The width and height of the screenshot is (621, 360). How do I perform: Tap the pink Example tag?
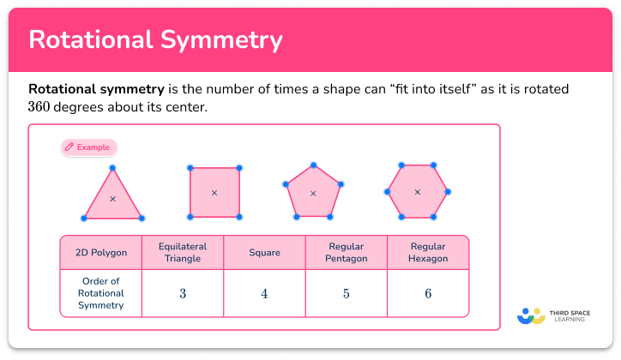(88, 147)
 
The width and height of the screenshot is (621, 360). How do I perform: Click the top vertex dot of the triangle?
(112, 169)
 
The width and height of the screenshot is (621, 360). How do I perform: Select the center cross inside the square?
(214, 193)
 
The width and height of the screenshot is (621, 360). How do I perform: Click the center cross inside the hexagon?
(417, 192)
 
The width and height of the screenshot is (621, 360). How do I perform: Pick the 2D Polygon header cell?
(101, 253)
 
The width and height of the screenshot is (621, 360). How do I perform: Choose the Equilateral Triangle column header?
(183, 252)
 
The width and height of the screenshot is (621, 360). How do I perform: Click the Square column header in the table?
(264, 253)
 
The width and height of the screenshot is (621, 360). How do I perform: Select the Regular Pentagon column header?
(347, 252)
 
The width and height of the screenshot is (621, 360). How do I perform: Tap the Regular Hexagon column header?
(428, 252)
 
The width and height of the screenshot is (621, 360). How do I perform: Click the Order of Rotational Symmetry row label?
(101, 293)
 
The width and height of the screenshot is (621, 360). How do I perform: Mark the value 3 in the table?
(183, 293)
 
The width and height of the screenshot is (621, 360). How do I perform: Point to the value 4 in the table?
(264, 293)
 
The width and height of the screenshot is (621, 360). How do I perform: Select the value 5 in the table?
(347, 293)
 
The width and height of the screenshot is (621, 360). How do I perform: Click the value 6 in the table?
(428, 293)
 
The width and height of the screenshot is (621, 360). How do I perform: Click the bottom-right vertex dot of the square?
(239, 217)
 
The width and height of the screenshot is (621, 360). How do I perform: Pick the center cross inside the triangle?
(112, 199)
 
